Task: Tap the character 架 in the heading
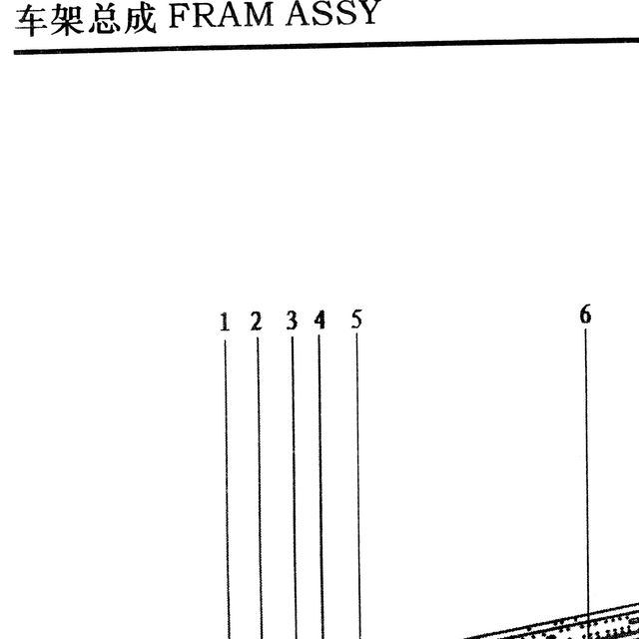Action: tap(67, 21)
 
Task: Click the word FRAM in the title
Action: tap(221, 16)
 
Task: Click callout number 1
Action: tap(225, 321)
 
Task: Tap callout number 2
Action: tap(257, 321)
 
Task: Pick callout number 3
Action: tap(292, 320)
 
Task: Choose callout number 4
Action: tap(319, 319)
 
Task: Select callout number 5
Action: tap(356, 319)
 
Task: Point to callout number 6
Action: tap(585, 315)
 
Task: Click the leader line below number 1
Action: tap(227, 489)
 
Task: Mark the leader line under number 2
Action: tap(260, 488)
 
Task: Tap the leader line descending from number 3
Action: tap(295, 488)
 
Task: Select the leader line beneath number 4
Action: tap(321, 487)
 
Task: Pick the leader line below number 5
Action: tap(358, 486)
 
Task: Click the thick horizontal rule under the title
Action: tap(326, 46)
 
